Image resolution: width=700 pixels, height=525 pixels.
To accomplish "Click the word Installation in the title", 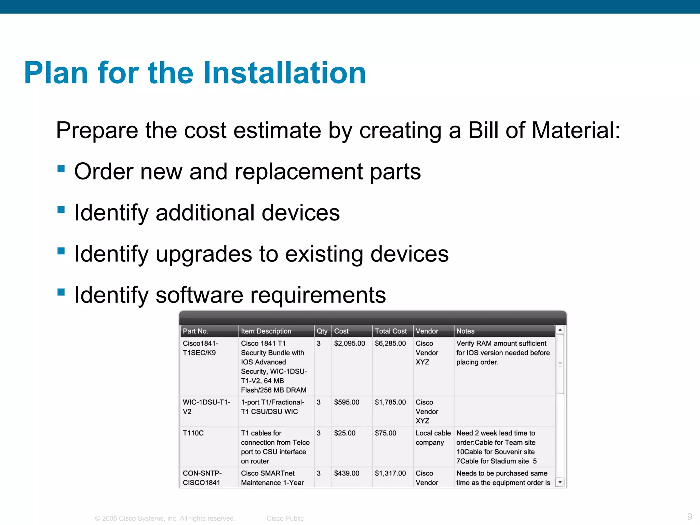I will [284, 73].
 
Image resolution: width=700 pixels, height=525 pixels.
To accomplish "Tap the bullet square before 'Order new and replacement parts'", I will [61, 169].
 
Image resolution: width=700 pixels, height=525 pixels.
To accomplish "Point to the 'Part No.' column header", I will [196, 331].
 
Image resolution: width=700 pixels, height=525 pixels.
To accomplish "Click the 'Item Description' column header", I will [266, 331].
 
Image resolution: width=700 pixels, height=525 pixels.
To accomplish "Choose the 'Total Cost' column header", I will [391, 331].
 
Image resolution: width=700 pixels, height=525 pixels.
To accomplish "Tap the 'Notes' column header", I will [465, 331].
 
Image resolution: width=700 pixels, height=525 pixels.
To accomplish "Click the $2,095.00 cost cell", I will [349, 343].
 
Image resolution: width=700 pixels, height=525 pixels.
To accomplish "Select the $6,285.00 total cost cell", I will [390, 343].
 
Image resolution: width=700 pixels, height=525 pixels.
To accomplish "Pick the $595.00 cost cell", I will [347, 402].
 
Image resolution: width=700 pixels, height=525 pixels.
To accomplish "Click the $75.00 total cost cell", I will [386, 433].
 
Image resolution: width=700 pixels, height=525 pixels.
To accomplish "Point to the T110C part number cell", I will [193, 433].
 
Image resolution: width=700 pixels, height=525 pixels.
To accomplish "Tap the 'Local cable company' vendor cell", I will [433, 437].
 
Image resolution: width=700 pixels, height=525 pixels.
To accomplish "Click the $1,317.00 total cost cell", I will [390, 473].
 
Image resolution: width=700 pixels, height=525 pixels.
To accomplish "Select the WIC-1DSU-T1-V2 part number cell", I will [206, 407].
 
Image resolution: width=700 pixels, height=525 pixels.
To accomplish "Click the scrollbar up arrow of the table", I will [560, 330].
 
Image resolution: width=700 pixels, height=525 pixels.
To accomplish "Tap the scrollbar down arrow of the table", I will [560, 482].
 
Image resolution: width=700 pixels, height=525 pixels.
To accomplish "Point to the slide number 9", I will [689, 516].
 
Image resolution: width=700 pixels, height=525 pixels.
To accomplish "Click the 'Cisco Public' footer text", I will [285, 519].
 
